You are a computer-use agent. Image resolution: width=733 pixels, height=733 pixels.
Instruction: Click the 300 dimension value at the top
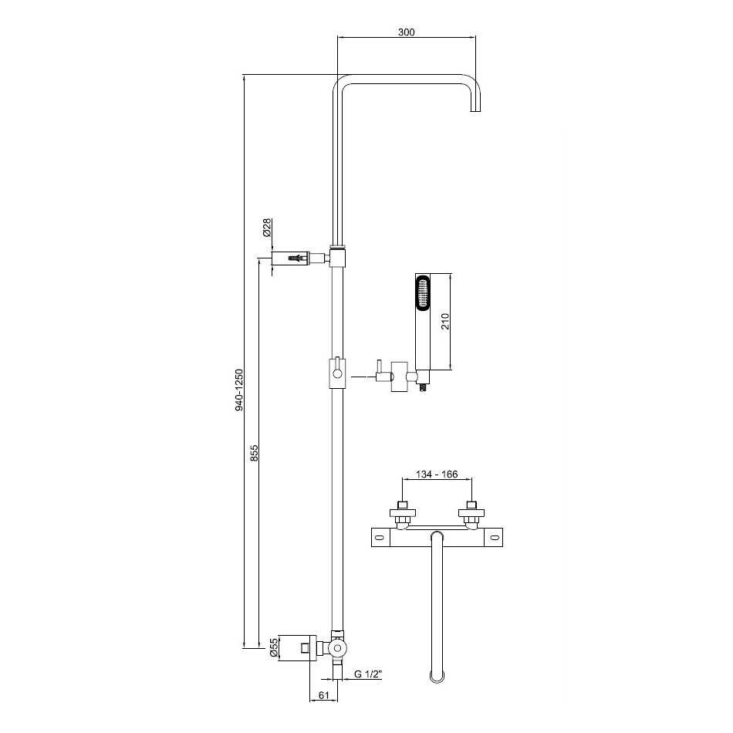click(406, 32)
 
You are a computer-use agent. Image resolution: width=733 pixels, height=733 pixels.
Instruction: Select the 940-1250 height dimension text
click(239, 390)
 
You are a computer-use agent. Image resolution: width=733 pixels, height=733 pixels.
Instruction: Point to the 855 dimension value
click(255, 453)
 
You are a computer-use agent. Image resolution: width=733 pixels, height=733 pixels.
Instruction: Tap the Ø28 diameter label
click(267, 228)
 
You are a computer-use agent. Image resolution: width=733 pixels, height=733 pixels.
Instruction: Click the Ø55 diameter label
click(275, 648)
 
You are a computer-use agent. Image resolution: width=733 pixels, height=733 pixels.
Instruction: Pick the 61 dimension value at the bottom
click(324, 695)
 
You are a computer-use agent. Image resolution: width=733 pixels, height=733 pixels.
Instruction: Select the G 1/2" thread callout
click(368, 674)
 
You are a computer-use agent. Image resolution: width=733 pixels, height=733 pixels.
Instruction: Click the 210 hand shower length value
click(445, 322)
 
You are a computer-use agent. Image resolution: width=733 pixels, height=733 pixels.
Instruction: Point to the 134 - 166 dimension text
click(437, 475)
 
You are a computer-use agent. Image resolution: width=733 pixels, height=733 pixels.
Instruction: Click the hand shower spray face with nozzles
click(424, 292)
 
